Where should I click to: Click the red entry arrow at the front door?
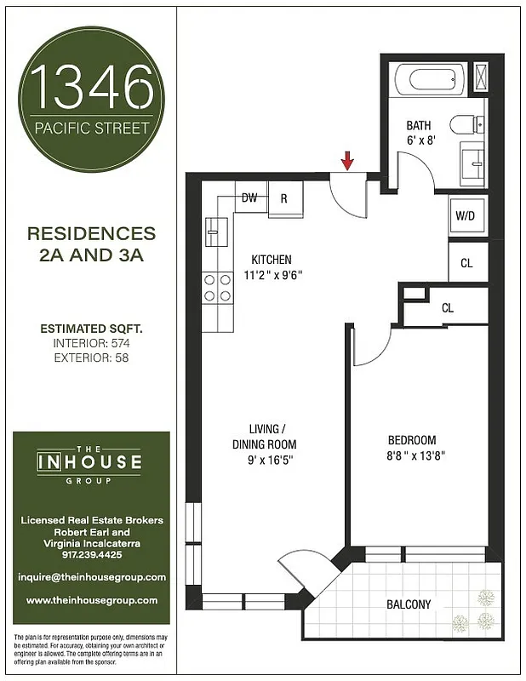347,160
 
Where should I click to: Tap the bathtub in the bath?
435,81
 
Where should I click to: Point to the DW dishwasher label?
249,197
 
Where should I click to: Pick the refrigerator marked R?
284,199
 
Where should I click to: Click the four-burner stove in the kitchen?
216,287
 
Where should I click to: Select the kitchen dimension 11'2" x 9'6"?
273,275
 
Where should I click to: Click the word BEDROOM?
412,440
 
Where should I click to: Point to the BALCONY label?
409,604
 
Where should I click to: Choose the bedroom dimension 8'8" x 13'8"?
417,455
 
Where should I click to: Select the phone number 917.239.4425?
91,553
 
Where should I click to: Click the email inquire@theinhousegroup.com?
91,576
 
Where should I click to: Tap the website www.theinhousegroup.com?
91,600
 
